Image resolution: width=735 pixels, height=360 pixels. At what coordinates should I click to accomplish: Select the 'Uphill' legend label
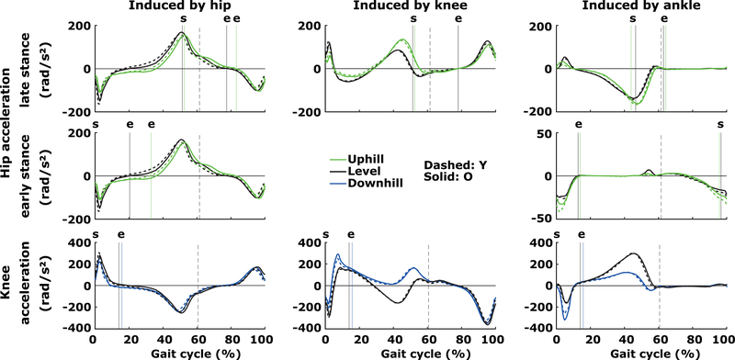tap(369, 158)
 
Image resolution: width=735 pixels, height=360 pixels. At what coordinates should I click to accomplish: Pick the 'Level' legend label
tap(366, 171)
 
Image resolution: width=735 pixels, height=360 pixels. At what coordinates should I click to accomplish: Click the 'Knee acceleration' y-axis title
tap(17, 285)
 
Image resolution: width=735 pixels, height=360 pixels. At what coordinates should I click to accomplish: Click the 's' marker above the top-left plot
tap(182, 18)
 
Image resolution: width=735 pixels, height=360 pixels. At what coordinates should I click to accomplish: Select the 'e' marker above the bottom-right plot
tap(581, 234)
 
